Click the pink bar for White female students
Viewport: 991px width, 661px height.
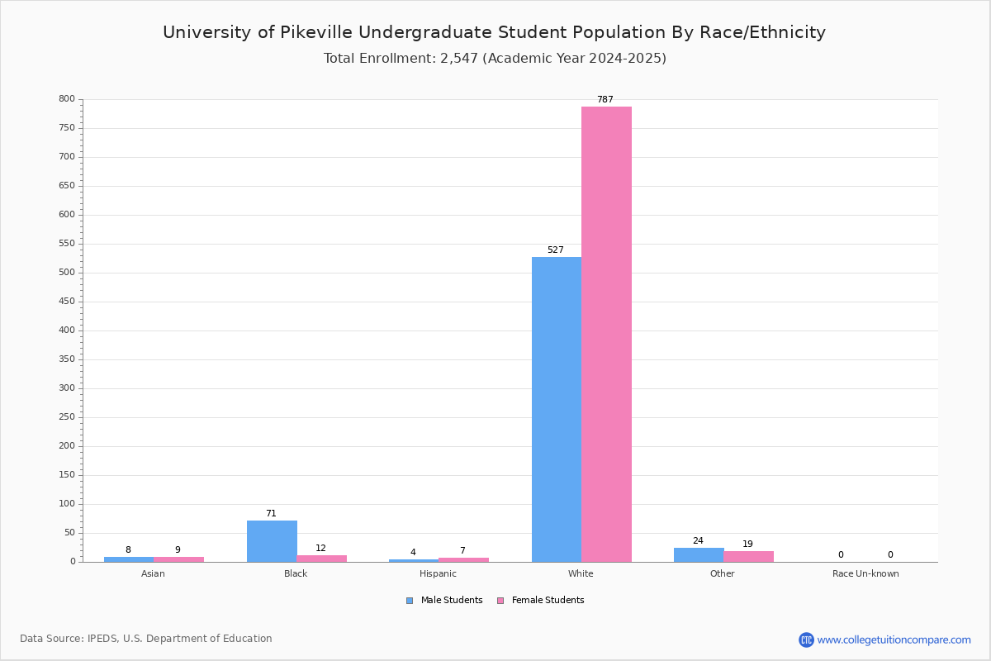tap(606, 335)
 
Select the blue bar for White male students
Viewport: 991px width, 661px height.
tap(557, 410)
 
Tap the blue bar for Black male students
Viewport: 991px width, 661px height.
tap(272, 541)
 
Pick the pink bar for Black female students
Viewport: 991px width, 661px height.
tap(321, 559)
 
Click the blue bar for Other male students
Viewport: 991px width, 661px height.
tap(699, 555)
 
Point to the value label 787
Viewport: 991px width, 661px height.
tap(605, 100)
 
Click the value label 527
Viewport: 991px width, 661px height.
tap(556, 250)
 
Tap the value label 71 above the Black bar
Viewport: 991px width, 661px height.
tap(271, 514)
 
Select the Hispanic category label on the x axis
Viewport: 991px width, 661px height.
tap(438, 573)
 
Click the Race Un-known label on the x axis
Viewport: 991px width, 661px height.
tap(865, 573)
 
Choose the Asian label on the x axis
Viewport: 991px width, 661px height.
tap(153, 573)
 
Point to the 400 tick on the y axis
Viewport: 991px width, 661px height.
tap(67, 330)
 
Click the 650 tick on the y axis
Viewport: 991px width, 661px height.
tap(67, 186)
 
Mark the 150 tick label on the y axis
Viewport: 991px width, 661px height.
tap(67, 475)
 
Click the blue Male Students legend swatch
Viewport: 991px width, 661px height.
tap(410, 601)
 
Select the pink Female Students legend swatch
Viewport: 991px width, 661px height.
tap(500, 601)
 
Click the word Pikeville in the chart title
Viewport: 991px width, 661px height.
tap(316, 32)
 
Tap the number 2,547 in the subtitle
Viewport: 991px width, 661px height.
tap(459, 59)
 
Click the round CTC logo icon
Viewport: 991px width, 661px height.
tap(806, 640)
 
